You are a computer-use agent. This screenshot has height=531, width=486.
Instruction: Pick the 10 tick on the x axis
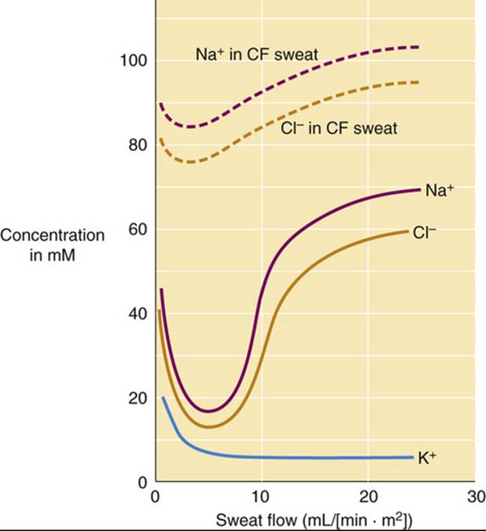coord(262,496)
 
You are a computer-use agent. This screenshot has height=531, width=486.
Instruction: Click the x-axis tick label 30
coord(475,496)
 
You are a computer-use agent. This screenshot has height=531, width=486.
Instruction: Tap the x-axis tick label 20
coord(369,496)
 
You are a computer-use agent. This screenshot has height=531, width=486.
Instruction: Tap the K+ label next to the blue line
coord(427,459)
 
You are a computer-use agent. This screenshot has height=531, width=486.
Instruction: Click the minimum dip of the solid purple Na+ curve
coord(209,411)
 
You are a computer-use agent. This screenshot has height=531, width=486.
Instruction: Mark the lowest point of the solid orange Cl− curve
coord(209,426)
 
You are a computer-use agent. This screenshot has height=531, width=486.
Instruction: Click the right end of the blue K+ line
coord(413,457)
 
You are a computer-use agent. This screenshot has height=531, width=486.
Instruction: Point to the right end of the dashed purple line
coord(419,47)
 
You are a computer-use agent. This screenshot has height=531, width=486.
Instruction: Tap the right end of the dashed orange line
coord(419,82)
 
